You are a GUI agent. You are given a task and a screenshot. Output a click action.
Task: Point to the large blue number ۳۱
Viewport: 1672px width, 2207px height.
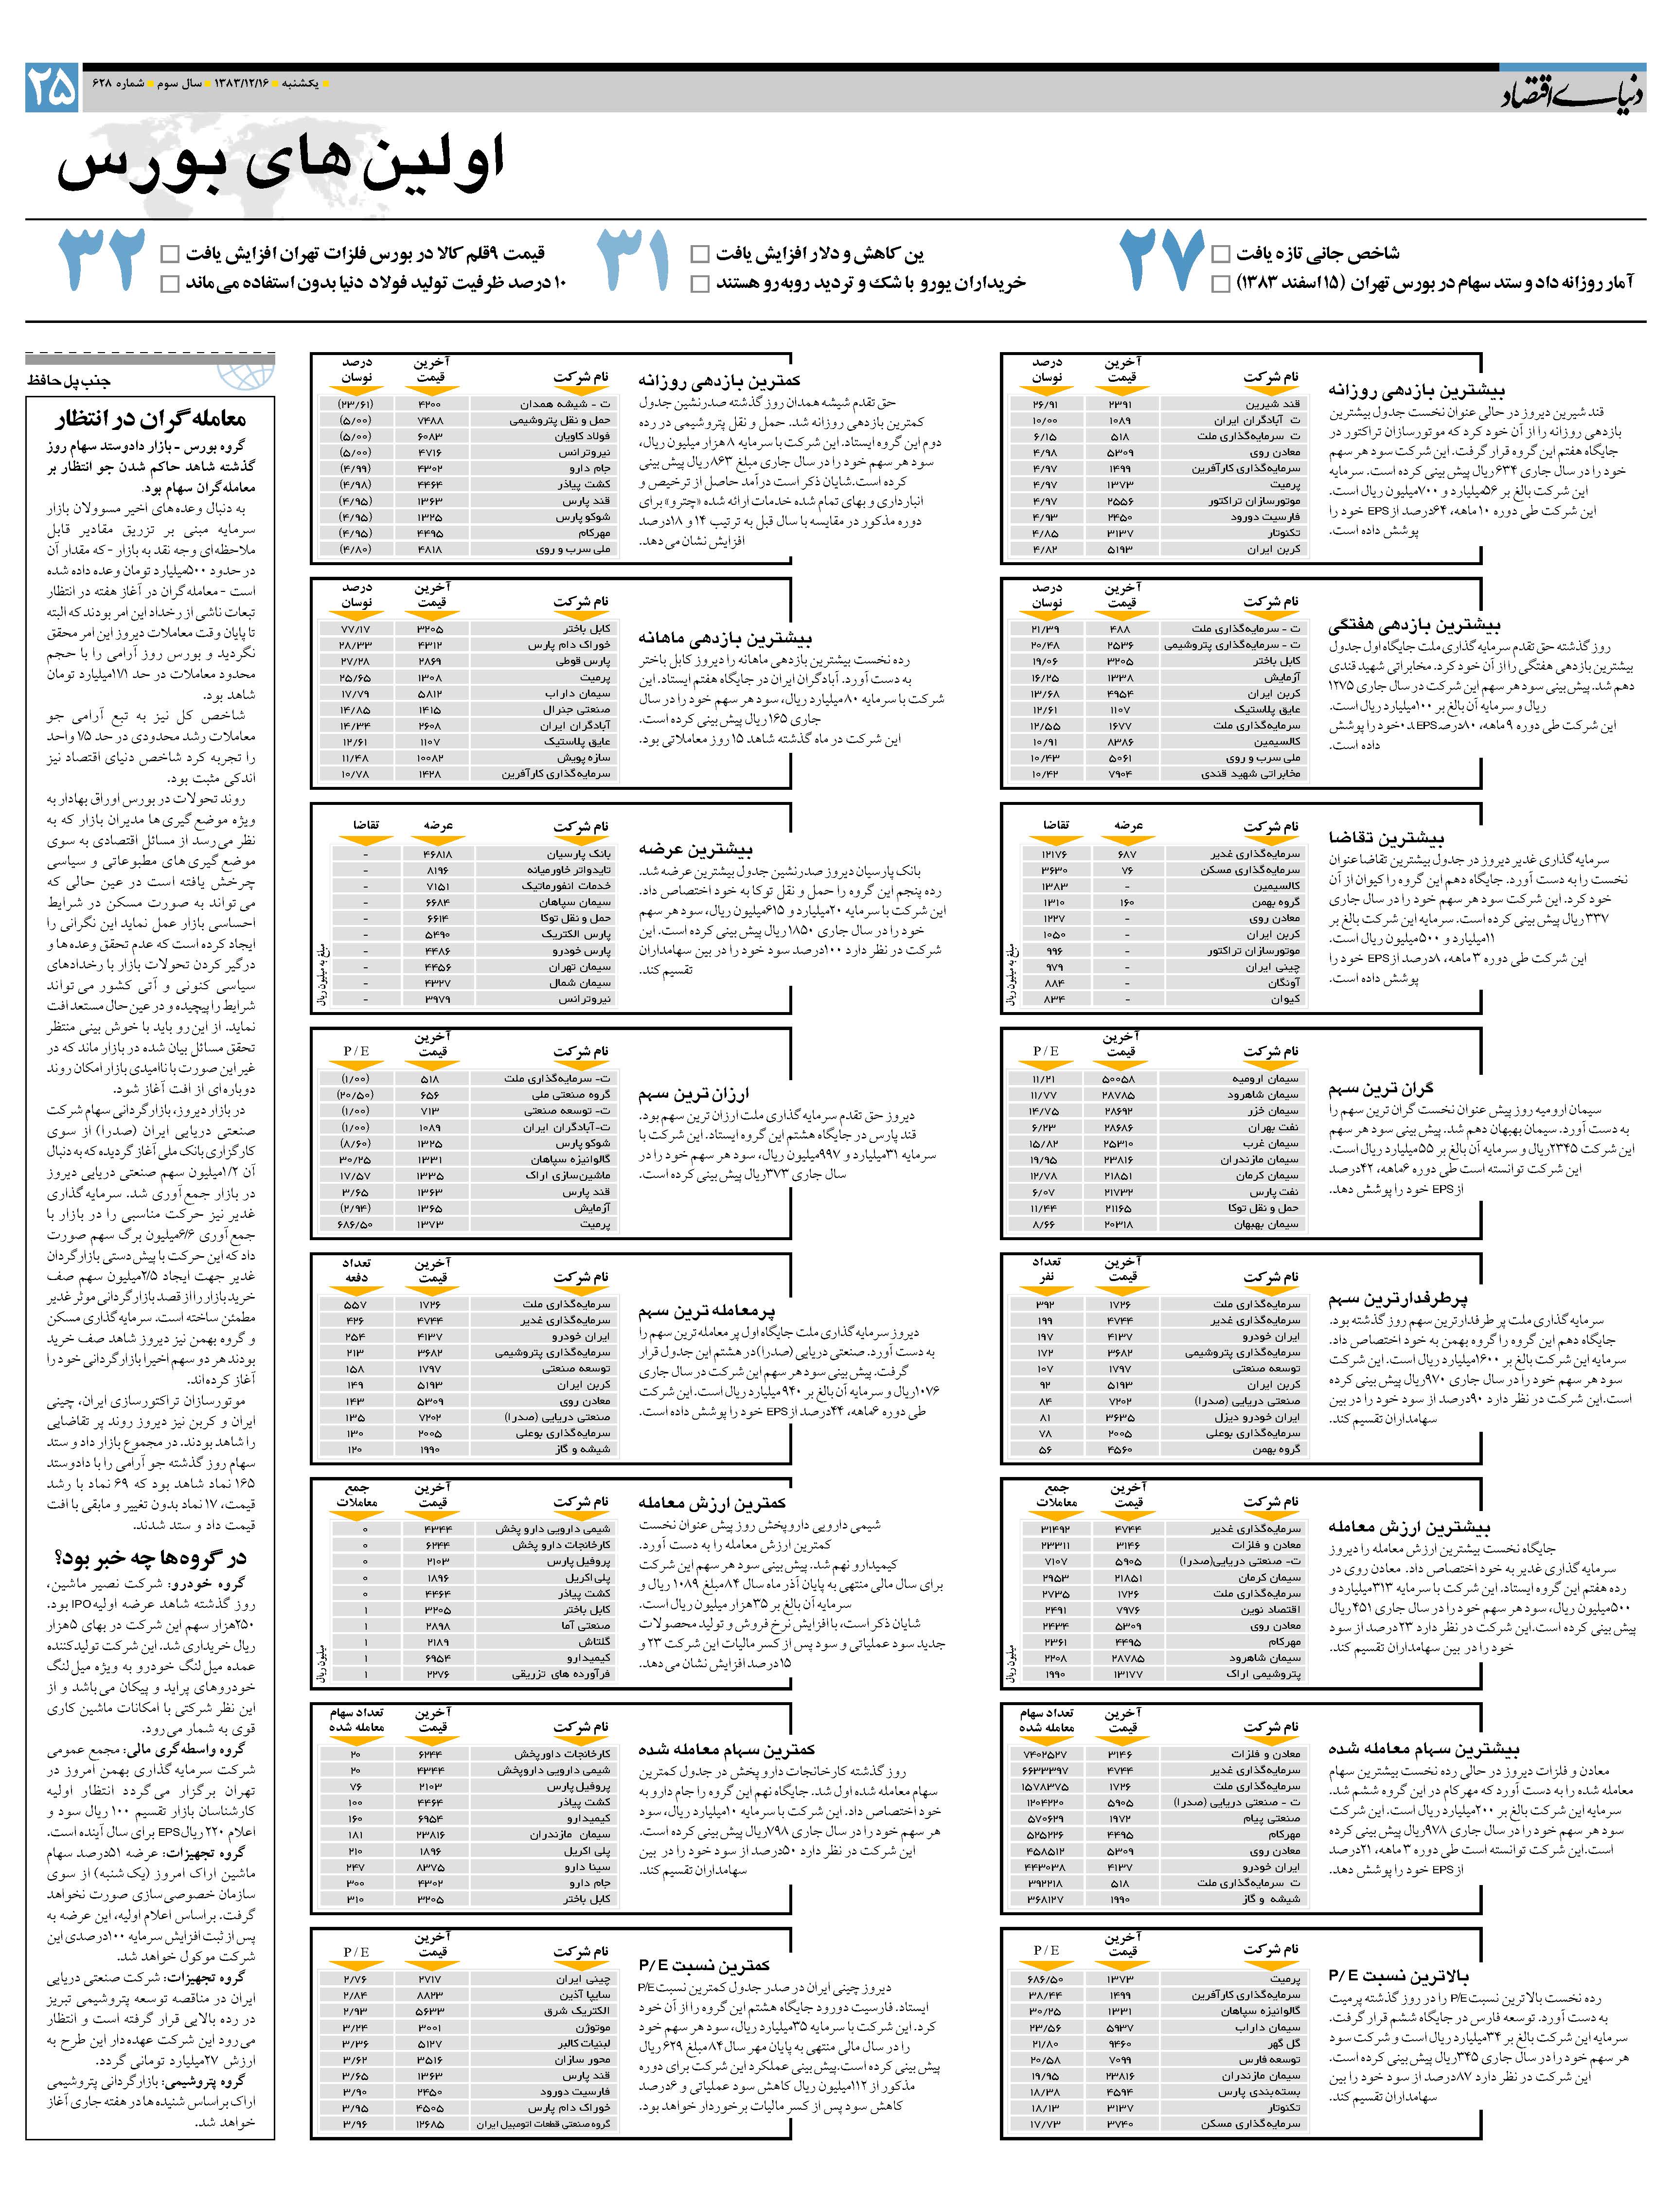[633, 259]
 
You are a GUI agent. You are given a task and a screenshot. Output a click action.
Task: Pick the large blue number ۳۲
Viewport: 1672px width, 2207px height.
[102, 259]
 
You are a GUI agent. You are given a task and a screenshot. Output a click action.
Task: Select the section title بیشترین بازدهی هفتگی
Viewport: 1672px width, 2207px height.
[1414, 625]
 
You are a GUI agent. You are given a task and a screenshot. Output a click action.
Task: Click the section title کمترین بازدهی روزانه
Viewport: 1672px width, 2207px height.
[718, 380]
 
